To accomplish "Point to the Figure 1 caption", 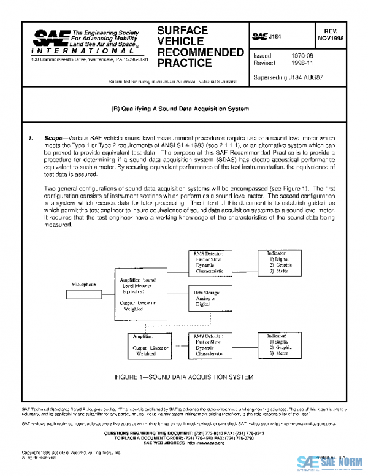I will coord(183,377).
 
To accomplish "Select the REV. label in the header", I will coord(331,29).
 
